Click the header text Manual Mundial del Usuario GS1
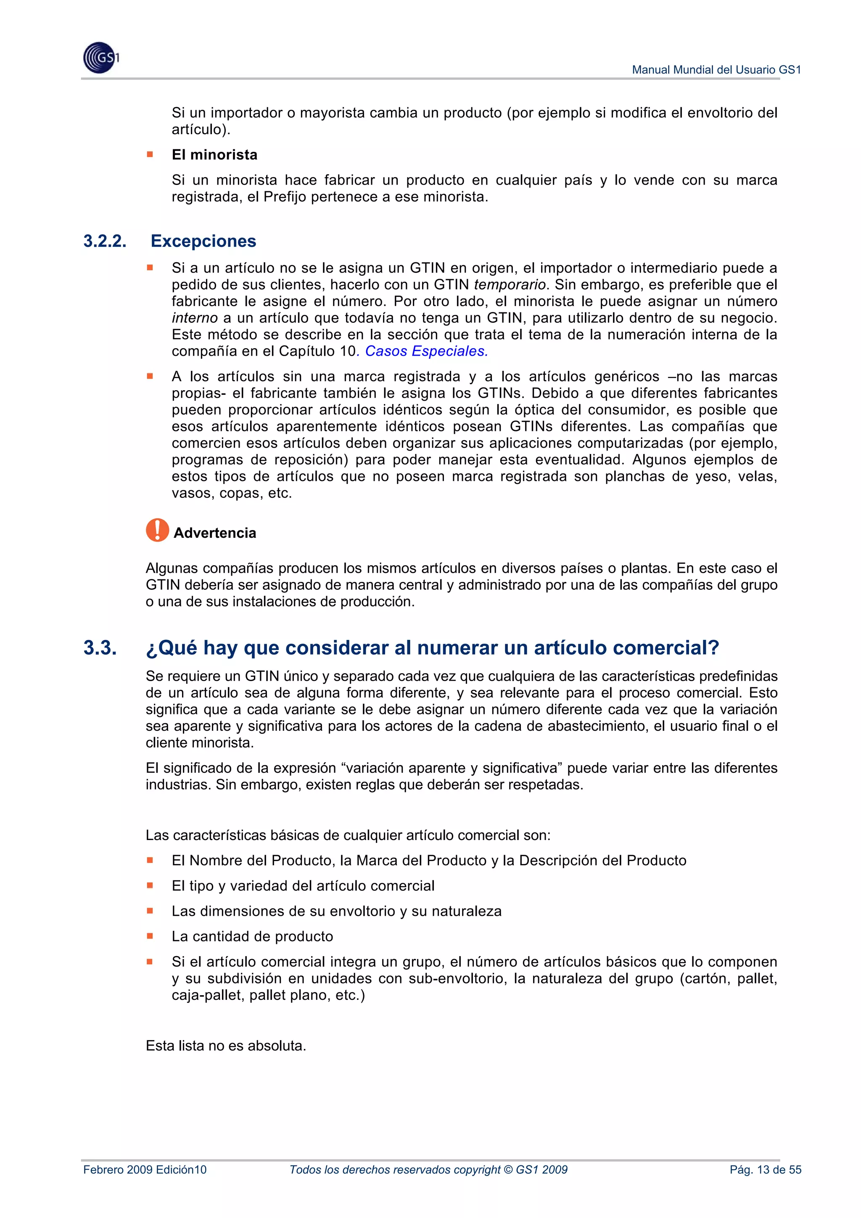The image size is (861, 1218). (716, 69)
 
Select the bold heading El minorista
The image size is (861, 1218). (214, 154)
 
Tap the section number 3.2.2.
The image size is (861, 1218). (105, 241)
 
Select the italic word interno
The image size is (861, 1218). (194, 318)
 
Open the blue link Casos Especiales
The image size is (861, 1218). (426, 351)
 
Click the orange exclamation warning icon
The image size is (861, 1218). (157, 530)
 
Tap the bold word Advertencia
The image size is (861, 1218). (214, 533)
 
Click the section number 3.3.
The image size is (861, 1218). (100, 648)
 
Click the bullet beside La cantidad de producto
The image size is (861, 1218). (150, 936)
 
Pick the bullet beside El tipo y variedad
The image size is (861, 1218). (150, 885)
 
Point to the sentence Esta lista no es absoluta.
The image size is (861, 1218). (226, 1046)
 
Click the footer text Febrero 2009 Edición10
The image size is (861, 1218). (145, 1170)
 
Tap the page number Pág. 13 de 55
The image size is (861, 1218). (765, 1170)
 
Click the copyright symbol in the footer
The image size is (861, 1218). (508, 1170)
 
